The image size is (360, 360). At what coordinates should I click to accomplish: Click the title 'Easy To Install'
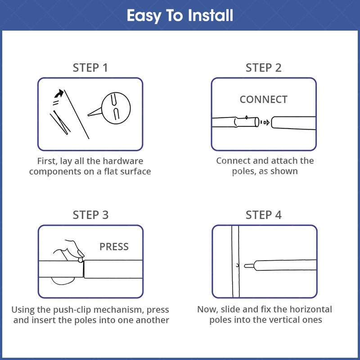(180, 16)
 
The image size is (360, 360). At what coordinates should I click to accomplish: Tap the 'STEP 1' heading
(90, 68)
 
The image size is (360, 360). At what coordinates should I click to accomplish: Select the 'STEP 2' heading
(264, 68)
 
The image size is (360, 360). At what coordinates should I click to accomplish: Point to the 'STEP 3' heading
(90, 215)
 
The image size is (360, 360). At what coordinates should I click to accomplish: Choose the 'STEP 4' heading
(264, 215)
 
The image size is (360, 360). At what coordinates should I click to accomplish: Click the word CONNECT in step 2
(264, 99)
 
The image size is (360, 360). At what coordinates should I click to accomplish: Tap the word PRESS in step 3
(114, 247)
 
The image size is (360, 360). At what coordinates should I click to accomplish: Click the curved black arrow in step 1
(59, 93)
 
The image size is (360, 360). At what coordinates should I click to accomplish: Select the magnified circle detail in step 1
(116, 108)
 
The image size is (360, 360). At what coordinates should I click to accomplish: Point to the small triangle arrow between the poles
(267, 122)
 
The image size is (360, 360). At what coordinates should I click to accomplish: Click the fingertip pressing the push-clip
(81, 260)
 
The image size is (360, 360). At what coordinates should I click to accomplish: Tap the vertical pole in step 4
(235, 261)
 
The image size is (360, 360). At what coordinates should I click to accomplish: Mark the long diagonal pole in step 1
(76, 114)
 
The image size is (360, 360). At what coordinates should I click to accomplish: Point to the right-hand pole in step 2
(293, 123)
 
